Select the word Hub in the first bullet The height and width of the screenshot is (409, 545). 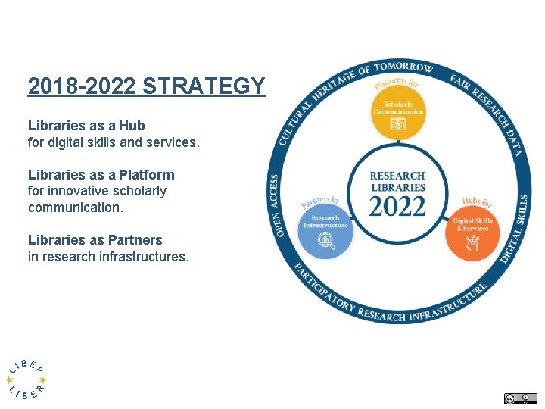coord(131,126)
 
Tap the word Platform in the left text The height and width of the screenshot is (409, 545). coord(146,175)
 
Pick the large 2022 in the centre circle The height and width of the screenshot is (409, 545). coord(397,204)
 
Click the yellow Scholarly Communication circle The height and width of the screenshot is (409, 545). coord(399,113)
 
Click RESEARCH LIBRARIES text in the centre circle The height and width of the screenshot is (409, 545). coord(397,182)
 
